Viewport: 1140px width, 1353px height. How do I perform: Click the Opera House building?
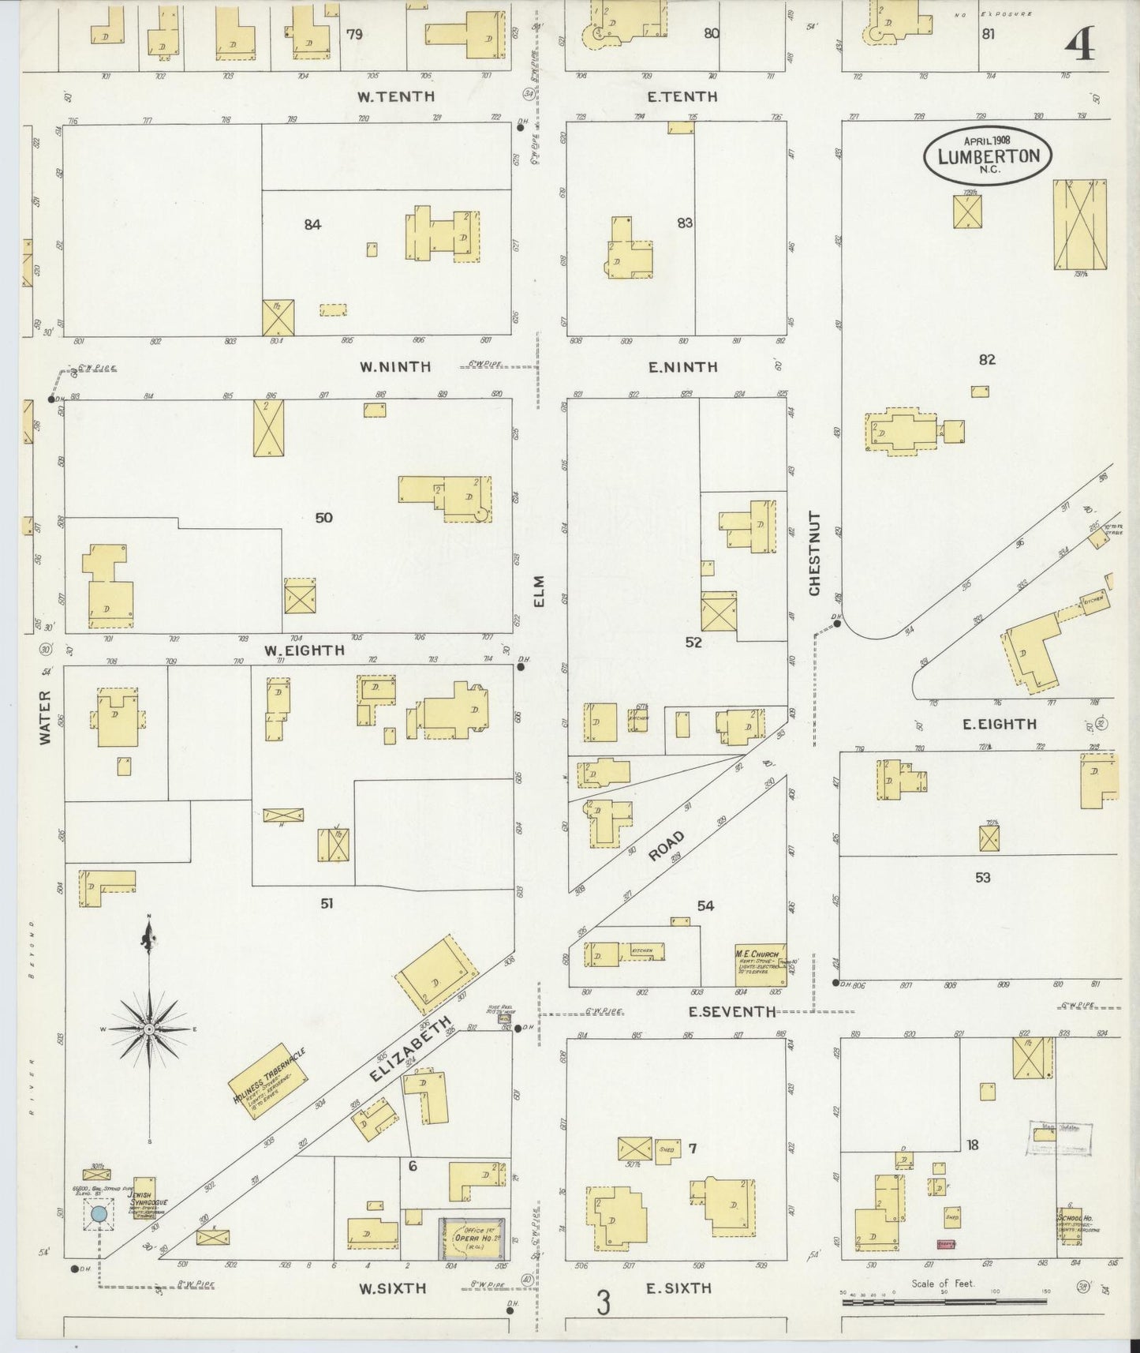(473, 1240)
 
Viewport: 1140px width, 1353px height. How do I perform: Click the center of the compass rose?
(149, 1030)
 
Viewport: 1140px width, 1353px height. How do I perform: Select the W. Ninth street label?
(395, 366)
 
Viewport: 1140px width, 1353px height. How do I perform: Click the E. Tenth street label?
(682, 96)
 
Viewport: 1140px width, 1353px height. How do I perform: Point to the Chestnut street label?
(814, 553)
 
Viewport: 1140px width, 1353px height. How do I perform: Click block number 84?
(312, 225)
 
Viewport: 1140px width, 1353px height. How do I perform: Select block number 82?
(987, 360)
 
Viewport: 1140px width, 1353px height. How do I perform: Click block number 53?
(982, 877)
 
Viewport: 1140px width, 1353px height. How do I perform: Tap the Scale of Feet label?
(943, 1283)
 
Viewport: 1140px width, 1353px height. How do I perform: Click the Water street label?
(45, 717)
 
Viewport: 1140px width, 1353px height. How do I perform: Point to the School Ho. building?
(1071, 1228)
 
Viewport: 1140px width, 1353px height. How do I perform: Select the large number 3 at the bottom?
(603, 1302)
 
